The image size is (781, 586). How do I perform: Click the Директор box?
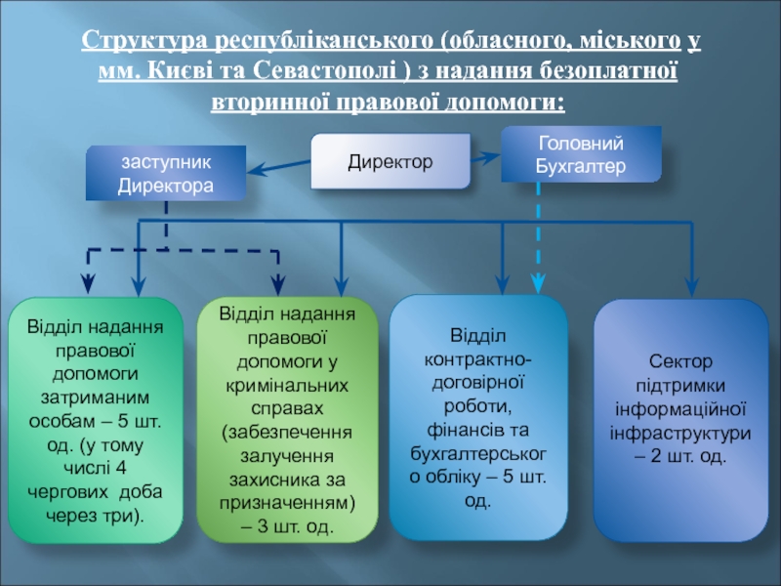pyautogui.click(x=390, y=160)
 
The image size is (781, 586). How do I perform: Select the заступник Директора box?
pyautogui.click(x=165, y=172)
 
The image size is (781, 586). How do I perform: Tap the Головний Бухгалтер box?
pyautogui.click(x=581, y=154)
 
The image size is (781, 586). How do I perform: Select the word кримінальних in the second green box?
pyautogui.click(x=286, y=384)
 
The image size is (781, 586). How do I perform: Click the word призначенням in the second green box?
pyautogui.click(x=286, y=502)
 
